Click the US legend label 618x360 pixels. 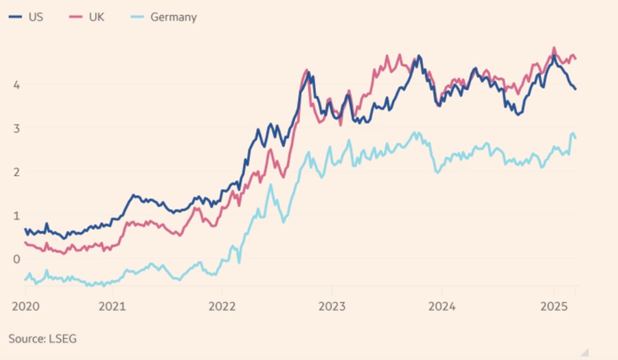tap(36, 17)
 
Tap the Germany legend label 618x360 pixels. tap(173, 17)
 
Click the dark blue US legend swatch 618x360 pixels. tap(16, 17)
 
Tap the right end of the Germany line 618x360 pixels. tap(575, 138)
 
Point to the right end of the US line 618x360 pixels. tap(575, 89)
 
